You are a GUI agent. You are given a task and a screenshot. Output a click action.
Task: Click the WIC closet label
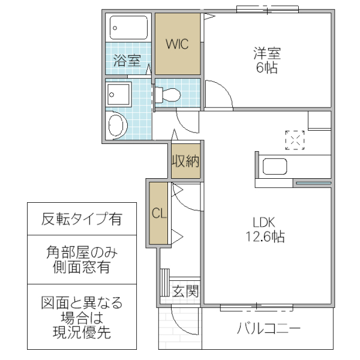pos(177,44)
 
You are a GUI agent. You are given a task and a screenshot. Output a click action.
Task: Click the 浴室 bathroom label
pos(127,60)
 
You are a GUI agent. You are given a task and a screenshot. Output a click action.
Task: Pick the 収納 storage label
pos(185,161)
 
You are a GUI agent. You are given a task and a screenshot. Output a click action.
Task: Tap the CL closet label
pos(159,212)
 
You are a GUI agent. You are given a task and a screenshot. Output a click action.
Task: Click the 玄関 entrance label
pos(185,292)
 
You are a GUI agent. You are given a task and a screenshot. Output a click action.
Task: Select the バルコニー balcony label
pos(268,329)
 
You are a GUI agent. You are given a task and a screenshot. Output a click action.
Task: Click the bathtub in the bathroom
pos(129,27)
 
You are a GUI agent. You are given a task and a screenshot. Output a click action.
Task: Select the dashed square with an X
pos(295,140)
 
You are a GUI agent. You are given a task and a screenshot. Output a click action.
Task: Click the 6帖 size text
pos(267,68)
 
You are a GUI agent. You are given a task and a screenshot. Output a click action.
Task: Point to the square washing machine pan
pos(118,94)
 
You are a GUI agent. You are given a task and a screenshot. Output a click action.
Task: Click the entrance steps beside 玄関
pos(165,283)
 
